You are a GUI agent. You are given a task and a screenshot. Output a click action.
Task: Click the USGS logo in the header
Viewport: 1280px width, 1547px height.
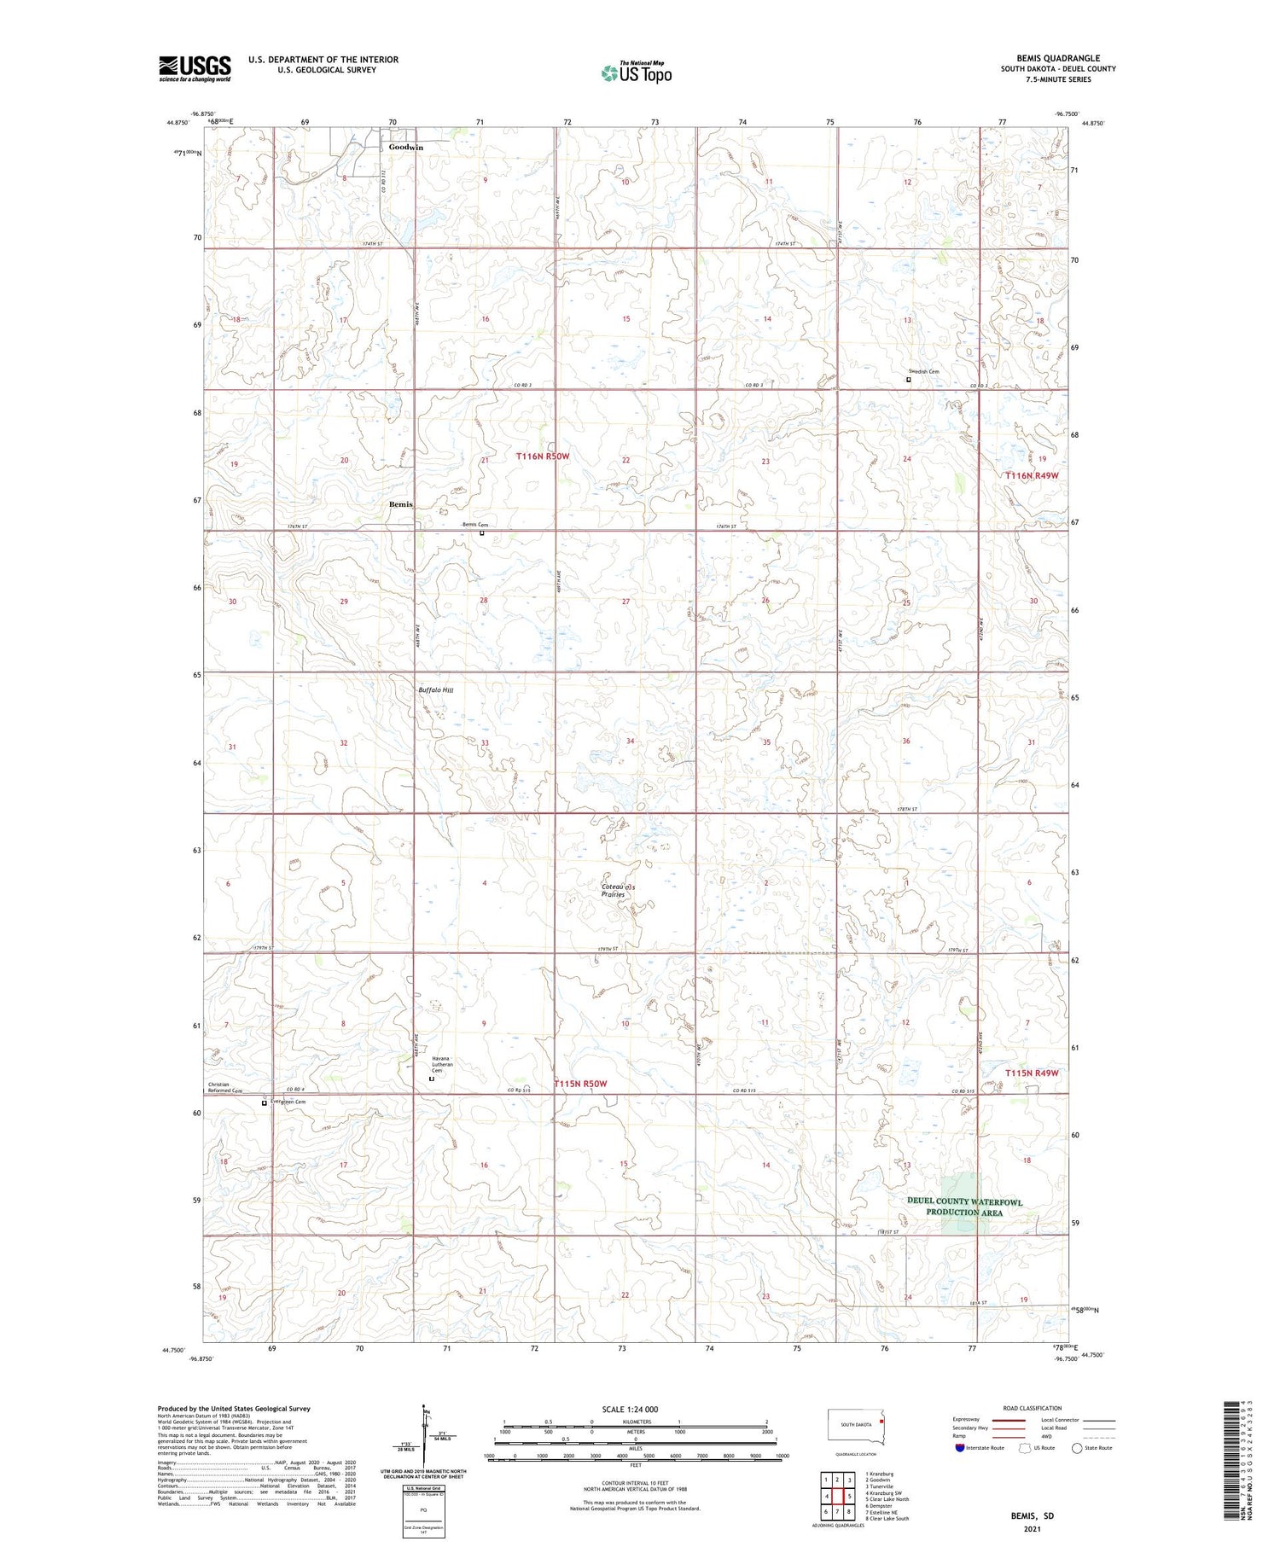[195, 68]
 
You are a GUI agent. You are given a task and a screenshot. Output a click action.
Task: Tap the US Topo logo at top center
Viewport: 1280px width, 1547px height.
[636, 73]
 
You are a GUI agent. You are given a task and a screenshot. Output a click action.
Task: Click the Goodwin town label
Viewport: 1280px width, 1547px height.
[405, 147]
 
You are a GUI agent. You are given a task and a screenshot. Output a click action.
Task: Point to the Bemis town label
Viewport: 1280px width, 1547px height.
[400, 504]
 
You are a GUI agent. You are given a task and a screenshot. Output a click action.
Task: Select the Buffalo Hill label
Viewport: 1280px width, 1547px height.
[435, 689]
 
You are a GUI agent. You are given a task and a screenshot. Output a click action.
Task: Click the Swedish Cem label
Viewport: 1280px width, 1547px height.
[923, 371]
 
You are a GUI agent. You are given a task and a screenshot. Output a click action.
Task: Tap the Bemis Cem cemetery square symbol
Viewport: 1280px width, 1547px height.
[481, 533]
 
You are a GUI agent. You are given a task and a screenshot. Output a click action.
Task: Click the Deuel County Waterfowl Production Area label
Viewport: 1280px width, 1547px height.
[963, 1207]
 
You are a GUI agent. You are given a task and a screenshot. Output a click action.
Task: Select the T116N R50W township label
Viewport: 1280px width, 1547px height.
[542, 457]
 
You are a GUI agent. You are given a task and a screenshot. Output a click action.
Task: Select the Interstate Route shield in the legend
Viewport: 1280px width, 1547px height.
[960, 1448]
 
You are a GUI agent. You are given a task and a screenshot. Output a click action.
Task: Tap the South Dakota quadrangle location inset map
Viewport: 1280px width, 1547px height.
[857, 1427]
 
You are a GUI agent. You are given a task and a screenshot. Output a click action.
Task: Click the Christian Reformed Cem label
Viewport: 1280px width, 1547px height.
[224, 1088]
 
